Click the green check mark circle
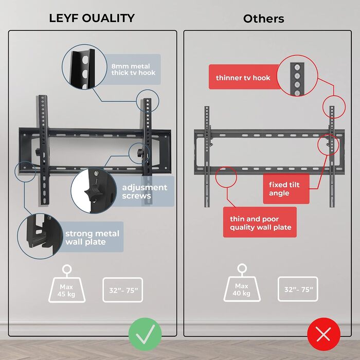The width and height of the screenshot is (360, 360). [145, 334]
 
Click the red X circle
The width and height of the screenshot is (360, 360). [323, 334]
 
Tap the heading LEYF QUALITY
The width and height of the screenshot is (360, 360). [92, 19]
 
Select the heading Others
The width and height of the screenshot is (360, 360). [263, 19]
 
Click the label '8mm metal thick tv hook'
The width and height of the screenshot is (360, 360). [133, 69]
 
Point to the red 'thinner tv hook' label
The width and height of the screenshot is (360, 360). [243, 78]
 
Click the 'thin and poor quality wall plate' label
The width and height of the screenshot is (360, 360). [260, 222]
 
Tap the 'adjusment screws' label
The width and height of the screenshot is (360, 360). [144, 191]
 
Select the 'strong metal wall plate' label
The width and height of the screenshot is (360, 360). [92, 238]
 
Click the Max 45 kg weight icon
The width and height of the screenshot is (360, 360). [66, 284]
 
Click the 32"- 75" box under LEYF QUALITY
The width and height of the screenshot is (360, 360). [123, 290]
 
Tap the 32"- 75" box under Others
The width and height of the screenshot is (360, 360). [298, 289]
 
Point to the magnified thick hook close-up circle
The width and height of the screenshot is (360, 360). [84, 67]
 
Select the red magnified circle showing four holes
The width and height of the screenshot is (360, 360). [297, 76]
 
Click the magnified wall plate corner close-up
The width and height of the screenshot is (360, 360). [40, 237]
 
